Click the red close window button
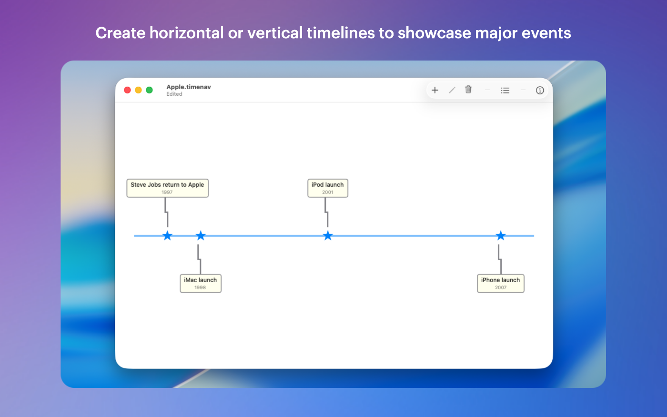coord(128,90)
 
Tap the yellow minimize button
coord(139,90)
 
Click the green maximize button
coord(150,90)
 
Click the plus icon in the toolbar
coord(435,90)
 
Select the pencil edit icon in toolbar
coord(452,90)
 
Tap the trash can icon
coord(468,90)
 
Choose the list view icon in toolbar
coord(505,90)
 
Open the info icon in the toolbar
coord(540,90)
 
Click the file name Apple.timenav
coord(189,87)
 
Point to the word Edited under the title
coord(174,94)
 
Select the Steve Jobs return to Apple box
coord(167,188)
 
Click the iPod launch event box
coord(328,188)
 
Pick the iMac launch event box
coord(201,283)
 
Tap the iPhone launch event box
coord(501,283)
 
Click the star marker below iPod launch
coord(328,235)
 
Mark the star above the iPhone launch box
coord(501,235)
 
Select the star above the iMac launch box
coord(201,235)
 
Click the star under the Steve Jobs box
coord(167,235)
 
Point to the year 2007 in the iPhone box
coord(501,287)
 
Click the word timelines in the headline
coord(341,33)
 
